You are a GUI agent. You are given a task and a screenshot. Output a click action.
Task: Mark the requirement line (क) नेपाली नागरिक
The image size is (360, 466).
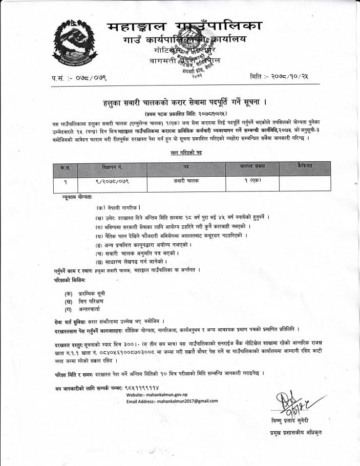pyautogui.click(x=119, y=208)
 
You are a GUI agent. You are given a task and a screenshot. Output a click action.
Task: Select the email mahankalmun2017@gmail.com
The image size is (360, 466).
pyautogui.click(x=172, y=401)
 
